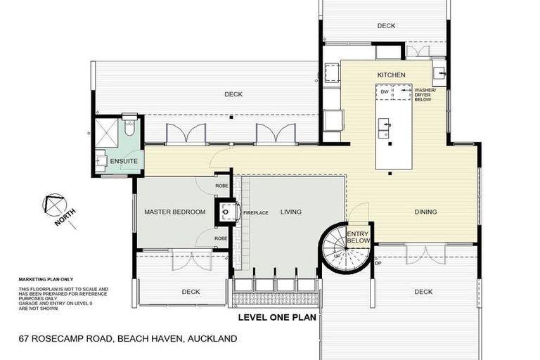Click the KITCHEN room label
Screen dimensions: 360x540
pyautogui.click(x=390, y=75)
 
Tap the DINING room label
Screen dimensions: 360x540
pyautogui.click(x=425, y=212)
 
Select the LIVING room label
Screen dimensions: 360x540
pyautogui.click(x=290, y=212)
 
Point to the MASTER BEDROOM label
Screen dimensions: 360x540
pyautogui.click(x=174, y=212)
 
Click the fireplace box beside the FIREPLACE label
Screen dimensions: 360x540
pyautogui.click(x=226, y=212)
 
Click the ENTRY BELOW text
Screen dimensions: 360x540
pyautogui.click(x=358, y=238)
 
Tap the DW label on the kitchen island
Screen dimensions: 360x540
pyautogui.click(x=384, y=91)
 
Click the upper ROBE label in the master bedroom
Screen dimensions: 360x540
pyautogui.click(x=221, y=186)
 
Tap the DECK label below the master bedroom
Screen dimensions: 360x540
pyautogui.click(x=190, y=292)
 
